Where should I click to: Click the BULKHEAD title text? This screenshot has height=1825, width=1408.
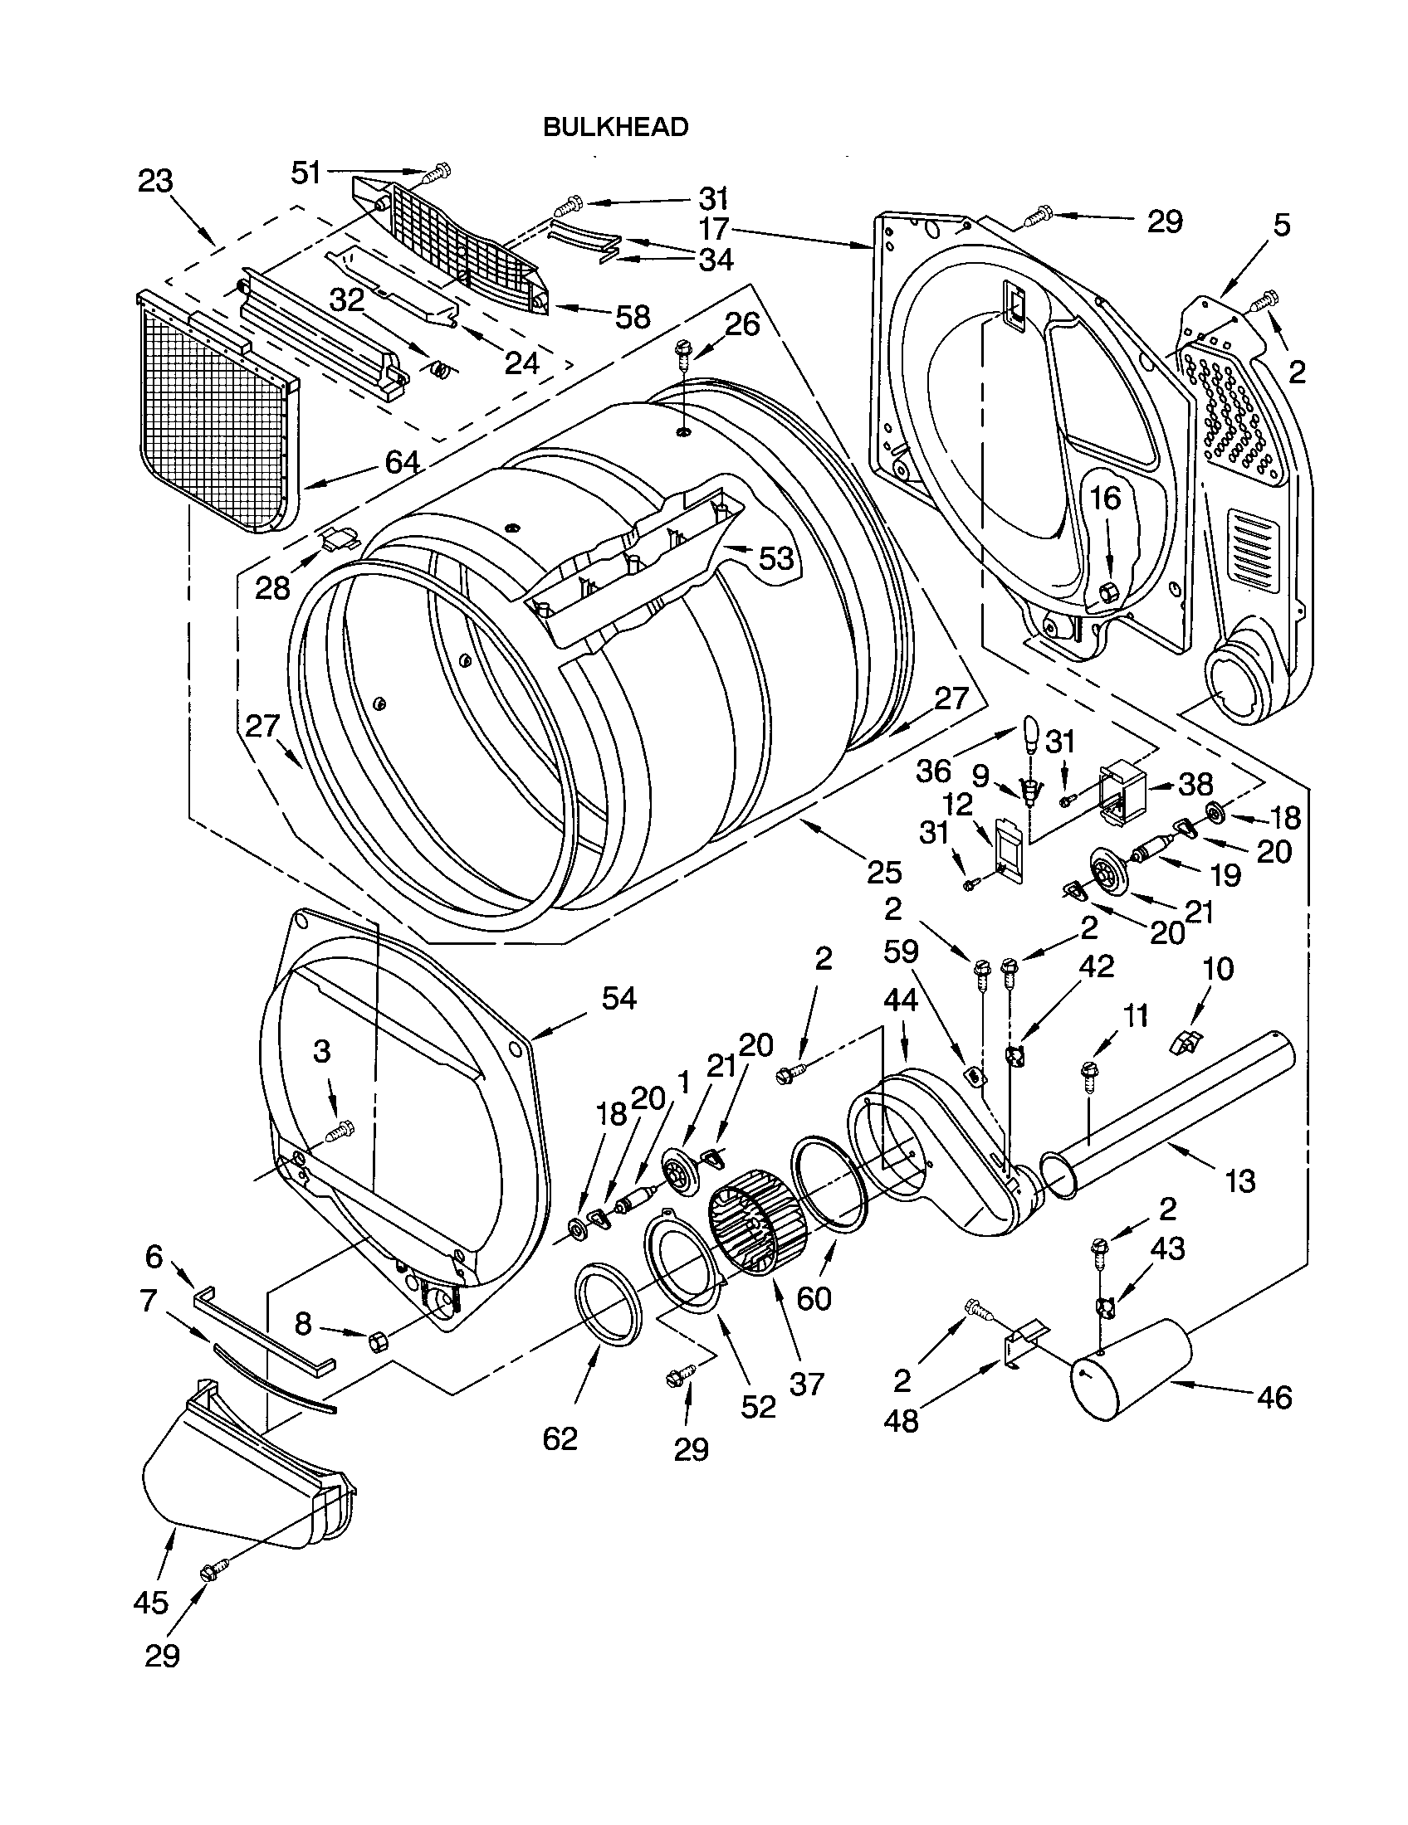pyautogui.click(x=615, y=127)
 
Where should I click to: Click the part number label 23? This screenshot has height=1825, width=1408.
pyautogui.click(x=155, y=182)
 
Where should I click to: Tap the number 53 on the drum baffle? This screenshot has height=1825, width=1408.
pyautogui.click(x=775, y=557)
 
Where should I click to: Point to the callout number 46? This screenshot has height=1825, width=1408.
pyautogui.click(x=1274, y=1397)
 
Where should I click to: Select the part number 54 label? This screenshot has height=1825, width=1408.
pyautogui.click(x=618, y=998)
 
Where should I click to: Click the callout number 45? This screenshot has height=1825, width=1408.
pyautogui.click(x=150, y=1603)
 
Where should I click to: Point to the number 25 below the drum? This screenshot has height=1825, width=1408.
pyautogui.click(x=884, y=873)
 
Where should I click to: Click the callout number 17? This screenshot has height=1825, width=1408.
pyautogui.click(x=714, y=228)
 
